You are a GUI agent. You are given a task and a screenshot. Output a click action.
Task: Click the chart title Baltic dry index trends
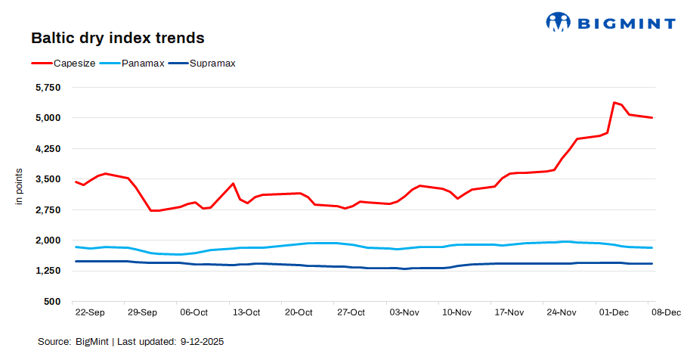(117, 37)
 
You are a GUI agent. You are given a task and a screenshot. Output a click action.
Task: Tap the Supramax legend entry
(212, 63)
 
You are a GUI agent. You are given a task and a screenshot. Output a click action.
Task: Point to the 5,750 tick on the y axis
(48, 88)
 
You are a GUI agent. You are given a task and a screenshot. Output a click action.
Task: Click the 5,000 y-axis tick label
(48, 118)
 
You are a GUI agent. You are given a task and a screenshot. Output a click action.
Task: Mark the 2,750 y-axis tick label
(48, 209)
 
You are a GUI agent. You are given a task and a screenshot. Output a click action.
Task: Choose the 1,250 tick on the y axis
(48, 271)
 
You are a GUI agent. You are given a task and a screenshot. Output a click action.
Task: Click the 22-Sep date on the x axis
(91, 312)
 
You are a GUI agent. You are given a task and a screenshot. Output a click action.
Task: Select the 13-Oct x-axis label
(246, 312)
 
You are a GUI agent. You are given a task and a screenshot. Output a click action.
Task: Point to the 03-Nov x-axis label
(404, 312)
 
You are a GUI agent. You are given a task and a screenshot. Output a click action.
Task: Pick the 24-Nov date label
(561, 312)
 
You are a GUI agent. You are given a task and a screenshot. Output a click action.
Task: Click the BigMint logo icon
(558, 22)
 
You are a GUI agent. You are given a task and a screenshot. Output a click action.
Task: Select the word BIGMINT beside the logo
(626, 23)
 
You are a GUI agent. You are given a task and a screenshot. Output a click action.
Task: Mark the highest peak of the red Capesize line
(614, 102)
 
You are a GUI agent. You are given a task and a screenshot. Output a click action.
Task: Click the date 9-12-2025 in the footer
(202, 342)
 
